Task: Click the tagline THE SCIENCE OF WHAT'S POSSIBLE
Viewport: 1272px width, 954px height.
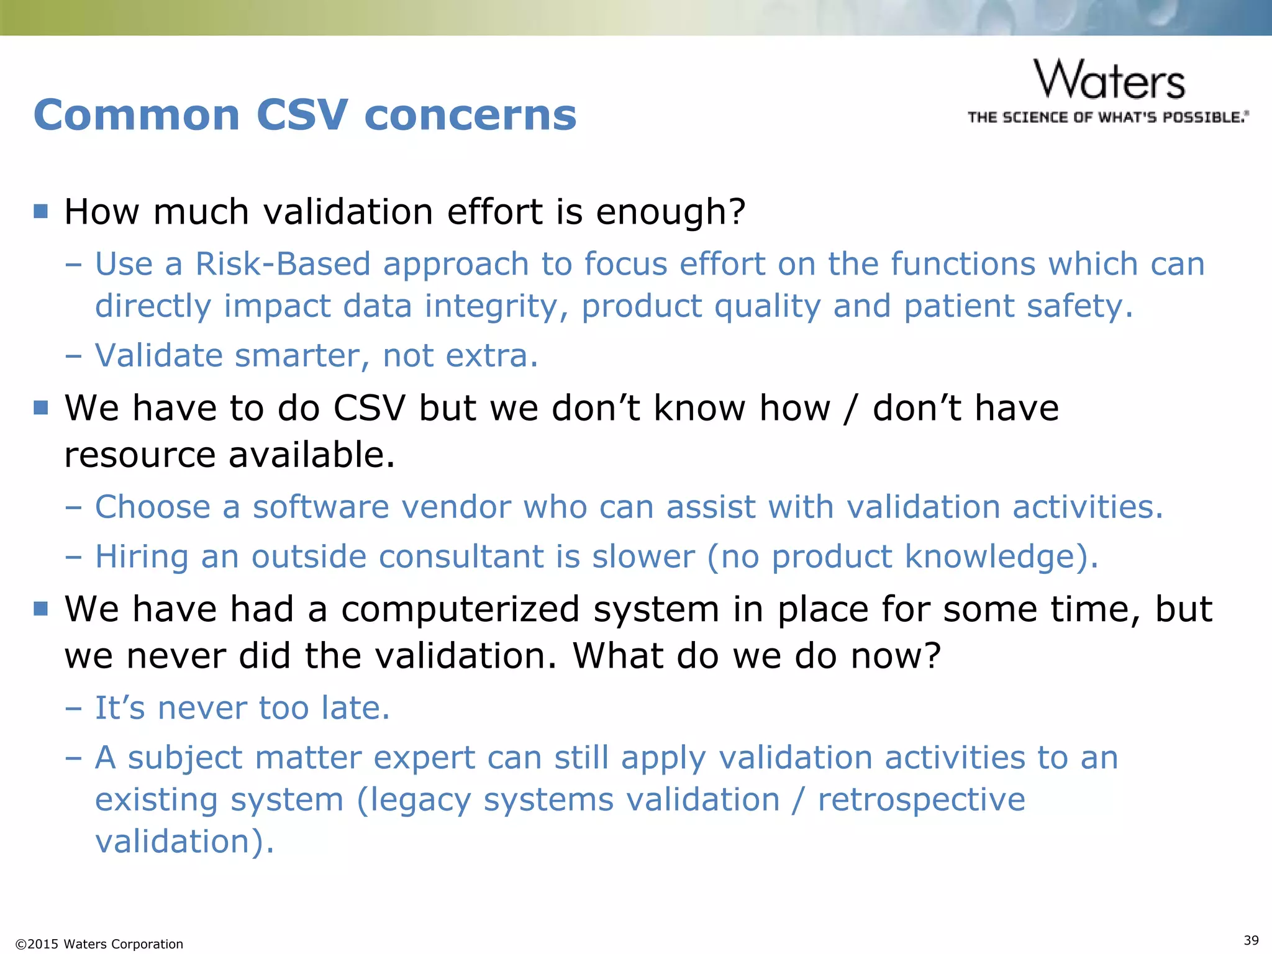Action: click(1107, 117)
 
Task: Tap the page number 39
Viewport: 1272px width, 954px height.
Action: click(1252, 940)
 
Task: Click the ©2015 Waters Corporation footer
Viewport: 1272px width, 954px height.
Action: click(99, 944)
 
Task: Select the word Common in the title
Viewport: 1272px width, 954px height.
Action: click(137, 116)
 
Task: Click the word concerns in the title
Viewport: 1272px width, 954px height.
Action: click(470, 116)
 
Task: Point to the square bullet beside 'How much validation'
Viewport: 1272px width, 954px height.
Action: click(41, 211)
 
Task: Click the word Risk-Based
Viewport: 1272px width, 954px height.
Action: click(283, 264)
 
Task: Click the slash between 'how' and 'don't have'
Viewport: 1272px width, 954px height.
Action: click(850, 409)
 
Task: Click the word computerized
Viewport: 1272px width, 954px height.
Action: click(460, 609)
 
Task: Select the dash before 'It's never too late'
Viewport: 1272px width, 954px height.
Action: click(73, 709)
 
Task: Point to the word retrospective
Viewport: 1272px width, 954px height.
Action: click(921, 800)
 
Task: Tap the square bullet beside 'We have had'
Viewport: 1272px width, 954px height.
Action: click(41, 608)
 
